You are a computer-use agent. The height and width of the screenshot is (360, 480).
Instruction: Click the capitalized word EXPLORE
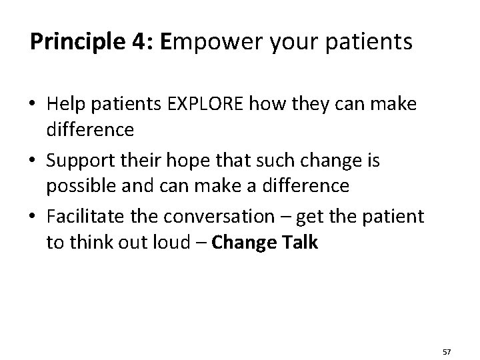[219, 105]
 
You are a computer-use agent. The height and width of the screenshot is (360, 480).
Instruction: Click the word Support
[85, 161]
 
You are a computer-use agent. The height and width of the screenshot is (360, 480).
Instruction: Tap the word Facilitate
[89, 217]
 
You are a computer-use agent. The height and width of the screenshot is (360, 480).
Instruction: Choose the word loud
[174, 242]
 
